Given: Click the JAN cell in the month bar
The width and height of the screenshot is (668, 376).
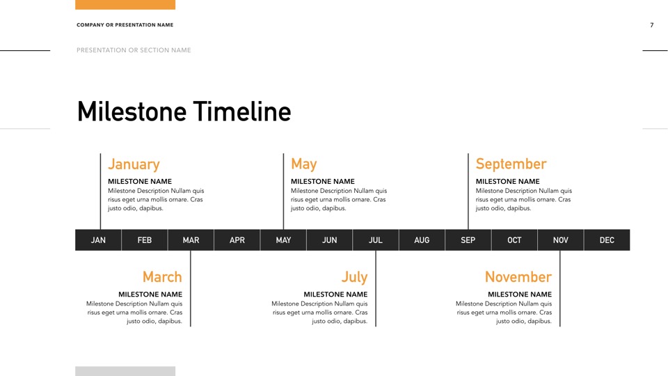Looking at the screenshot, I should [98, 240].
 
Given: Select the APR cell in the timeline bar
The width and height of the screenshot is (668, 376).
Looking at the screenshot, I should [237, 240].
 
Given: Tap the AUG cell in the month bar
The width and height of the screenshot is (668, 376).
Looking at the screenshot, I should [422, 240].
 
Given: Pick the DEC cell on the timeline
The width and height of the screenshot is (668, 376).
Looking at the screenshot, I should [607, 240].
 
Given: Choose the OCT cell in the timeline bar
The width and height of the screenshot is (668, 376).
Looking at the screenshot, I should [514, 240].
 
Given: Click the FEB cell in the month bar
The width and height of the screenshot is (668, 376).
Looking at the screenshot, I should [145, 240].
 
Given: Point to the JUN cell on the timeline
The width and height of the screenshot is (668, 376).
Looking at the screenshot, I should [330, 240].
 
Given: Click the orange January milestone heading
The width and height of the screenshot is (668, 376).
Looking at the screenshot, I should [134, 164].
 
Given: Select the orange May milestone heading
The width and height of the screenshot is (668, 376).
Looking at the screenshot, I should [303, 164].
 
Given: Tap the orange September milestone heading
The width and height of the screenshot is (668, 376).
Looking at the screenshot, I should [511, 164].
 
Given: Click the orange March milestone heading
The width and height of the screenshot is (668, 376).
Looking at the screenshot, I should [162, 277].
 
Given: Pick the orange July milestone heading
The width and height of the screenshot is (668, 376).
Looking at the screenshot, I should [354, 277].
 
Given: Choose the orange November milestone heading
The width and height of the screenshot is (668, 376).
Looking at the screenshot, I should [518, 277].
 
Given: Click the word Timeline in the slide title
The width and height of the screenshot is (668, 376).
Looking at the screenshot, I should [242, 112].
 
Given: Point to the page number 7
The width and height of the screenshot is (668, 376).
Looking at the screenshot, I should [652, 25].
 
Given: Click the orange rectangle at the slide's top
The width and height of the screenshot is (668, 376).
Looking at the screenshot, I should [125, 4].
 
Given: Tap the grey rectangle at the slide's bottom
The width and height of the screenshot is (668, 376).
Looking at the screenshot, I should [125, 371].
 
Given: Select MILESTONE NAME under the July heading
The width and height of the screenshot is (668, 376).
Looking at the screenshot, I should [335, 295].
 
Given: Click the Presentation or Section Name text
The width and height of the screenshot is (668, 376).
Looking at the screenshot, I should [134, 50].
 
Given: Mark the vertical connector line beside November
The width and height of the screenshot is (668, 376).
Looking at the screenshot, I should [560, 288].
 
